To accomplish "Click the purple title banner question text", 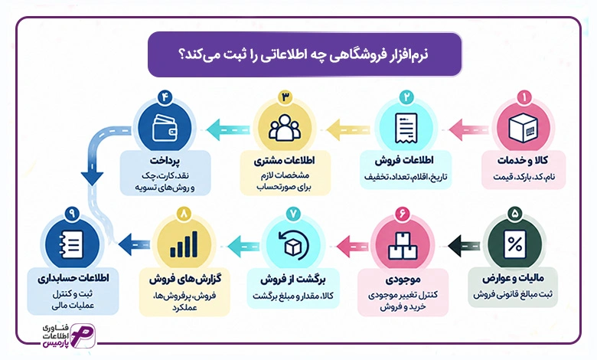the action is coord(303,54).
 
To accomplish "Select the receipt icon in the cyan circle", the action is coord(406,129).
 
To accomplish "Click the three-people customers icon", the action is coord(285,128).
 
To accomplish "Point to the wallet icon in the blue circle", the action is coord(165,128).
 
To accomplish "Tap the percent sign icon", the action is coord(514,244).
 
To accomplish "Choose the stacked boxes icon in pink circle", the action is coord(403,246).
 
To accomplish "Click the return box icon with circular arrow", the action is coord(292,246).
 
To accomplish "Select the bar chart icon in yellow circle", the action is coord(184,244).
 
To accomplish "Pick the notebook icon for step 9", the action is coord(71,244).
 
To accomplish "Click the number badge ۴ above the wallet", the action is coord(165,97).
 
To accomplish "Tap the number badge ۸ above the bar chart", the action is coord(184,214).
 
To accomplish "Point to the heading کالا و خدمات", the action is coord(522,160).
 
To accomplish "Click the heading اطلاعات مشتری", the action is coord(285,160).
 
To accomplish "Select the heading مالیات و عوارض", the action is coord(513,279).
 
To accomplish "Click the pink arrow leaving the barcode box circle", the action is coord(468,129).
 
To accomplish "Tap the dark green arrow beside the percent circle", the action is coord(464,245).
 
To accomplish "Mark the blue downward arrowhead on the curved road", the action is coord(92,178).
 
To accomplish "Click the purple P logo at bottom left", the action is coord(83,335).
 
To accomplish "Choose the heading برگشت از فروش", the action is coord(293,280).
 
